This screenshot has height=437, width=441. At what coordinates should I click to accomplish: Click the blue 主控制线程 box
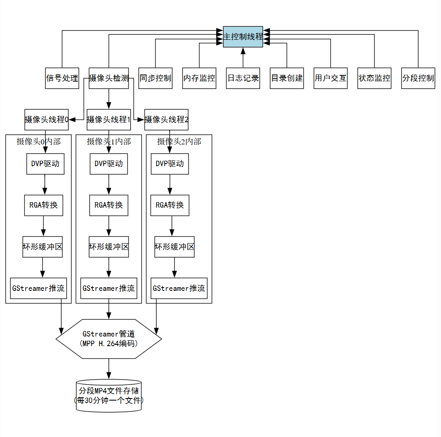coord(243,36)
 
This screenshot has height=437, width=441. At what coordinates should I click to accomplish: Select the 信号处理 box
coord(62,78)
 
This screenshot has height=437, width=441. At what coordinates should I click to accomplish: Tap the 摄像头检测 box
coord(109,78)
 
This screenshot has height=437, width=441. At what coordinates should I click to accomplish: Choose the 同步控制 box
coord(155,78)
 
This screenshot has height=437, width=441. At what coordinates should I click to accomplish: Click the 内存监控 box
coord(199,78)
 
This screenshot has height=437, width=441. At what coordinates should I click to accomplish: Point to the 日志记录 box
coord(243,78)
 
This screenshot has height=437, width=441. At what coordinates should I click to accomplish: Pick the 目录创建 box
coord(287,78)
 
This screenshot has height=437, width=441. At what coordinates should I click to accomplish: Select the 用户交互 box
coord(330,78)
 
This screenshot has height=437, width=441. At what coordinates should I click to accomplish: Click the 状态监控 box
coord(374,78)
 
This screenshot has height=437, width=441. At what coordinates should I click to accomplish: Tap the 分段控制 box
coord(418,78)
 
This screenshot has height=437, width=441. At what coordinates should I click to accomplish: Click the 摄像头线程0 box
coord(46,120)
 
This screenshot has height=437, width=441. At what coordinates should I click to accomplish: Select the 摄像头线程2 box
coord(166,120)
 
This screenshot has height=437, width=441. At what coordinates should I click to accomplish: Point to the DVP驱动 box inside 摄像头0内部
coord(45,164)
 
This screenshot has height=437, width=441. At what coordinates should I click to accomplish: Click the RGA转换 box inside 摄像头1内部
coord(109,205)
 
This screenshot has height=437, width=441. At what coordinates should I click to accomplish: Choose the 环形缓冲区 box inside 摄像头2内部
coord(175,247)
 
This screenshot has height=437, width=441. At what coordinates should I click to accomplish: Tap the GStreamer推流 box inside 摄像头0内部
coord(39,288)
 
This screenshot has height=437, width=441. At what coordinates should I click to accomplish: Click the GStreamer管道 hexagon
coord(109,339)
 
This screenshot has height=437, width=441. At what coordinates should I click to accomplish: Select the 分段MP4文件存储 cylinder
coord(109,396)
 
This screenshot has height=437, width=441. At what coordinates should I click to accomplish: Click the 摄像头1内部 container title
coord(109,141)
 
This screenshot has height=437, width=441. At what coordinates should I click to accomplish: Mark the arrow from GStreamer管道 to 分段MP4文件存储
coord(109,368)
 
